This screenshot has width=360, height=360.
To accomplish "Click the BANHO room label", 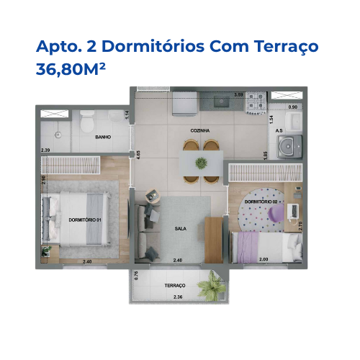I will [103, 136].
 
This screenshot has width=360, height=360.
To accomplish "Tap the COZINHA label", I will [201, 130].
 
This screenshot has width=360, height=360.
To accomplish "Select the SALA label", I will [181, 228].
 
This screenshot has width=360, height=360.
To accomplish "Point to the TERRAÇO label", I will [174, 285].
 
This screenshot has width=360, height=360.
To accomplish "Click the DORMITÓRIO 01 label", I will [84, 219].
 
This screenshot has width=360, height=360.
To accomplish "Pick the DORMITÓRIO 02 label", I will [261, 202].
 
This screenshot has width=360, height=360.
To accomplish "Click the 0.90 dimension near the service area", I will [292, 107].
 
